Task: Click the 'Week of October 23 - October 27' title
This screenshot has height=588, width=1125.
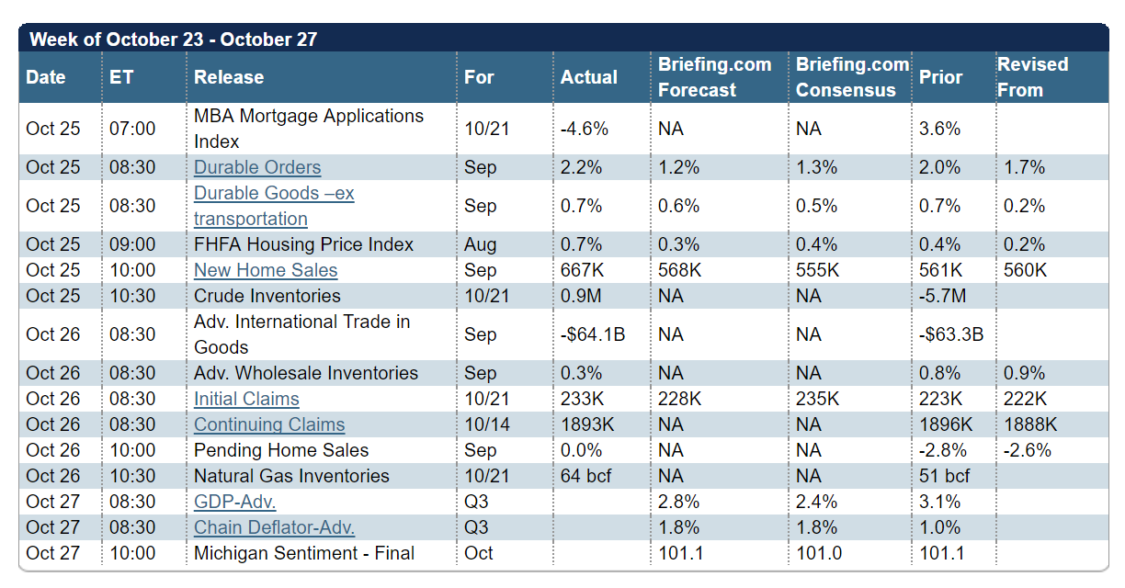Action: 174,40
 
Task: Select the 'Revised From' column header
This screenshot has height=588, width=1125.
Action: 1033,77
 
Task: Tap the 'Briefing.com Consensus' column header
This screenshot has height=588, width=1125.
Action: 851,77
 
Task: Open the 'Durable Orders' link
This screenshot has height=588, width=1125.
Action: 257,167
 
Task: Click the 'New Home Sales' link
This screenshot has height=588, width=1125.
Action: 266,270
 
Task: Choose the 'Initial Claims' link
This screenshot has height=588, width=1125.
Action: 246,399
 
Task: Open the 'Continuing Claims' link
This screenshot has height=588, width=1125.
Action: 269,424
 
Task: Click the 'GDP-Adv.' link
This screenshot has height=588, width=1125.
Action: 235,502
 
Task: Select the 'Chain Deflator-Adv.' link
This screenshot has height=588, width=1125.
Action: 274,527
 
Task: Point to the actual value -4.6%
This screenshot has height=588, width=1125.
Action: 585,129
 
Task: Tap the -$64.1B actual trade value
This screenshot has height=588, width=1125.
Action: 593,334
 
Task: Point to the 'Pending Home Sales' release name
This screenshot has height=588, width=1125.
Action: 281,450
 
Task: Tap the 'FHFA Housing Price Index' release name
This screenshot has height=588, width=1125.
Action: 303,244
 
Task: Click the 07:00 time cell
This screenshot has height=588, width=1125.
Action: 132,129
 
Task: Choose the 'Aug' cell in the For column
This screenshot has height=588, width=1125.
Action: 481,244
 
